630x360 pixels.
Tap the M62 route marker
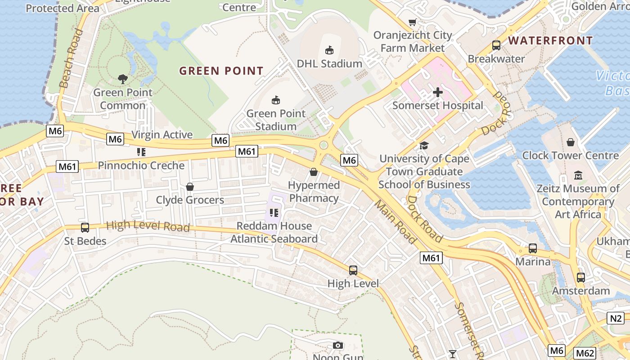coord(585,353)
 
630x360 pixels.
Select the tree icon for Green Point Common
coord(122,79)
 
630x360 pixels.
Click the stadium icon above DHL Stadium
coord(329,50)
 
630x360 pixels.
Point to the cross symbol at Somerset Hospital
coord(437,92)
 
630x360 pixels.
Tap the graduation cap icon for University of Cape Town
coord(424,145)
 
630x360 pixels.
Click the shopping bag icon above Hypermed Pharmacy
coord(314,172)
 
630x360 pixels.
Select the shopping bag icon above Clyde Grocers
coord(190,187)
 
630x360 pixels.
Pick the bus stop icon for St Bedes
coord(85,228)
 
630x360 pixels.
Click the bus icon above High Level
coord(353,270)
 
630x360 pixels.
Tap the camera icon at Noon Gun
coord(337,346)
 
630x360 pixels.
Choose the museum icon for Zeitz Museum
coord(578,175)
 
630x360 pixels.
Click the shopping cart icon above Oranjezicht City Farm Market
coord(412,22)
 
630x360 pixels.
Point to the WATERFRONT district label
coord(550,40)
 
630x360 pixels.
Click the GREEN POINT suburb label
coord(221,71)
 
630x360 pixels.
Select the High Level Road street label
coord(148,226)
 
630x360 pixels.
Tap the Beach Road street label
coord(71,58)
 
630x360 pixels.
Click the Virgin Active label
coord(162,135)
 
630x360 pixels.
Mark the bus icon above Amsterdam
coord(581,278)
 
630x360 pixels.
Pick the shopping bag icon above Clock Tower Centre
coord(571,142)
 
